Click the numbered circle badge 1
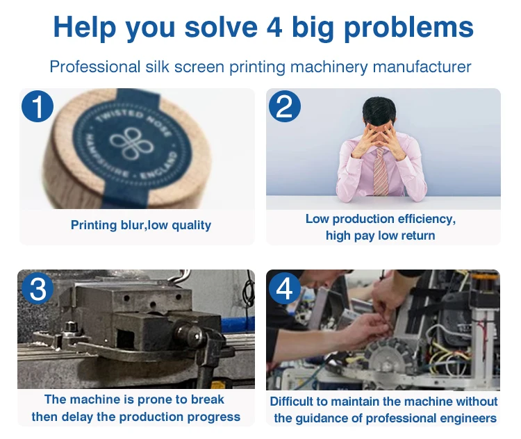click(x=38, y=106)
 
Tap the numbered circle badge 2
click(x=285, y=106)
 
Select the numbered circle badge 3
click(x=38, y=288)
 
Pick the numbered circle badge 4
click(x=285, y=288)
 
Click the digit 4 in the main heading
click(x=274, y=27)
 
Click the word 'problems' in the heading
click(x=408, y=28)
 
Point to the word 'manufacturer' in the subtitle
click(x=422, y=67)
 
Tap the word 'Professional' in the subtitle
click(x=95, y=67)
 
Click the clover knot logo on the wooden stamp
click(x=132, y=144)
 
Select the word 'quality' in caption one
click(x=192, y=226)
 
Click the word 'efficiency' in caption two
click(x=425, y=219)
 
